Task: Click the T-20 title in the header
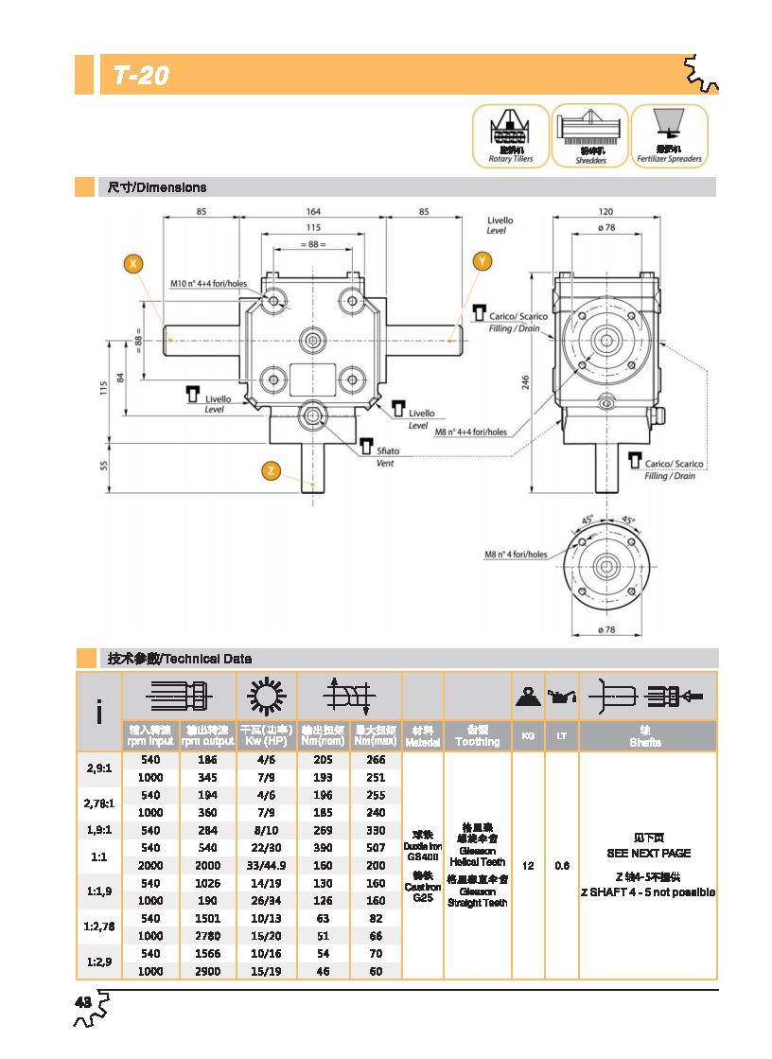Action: point(141,76)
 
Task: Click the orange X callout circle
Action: point(134,263)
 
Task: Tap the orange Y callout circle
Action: point(482,260)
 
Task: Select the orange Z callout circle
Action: point(271,470)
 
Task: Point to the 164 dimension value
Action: point(313,211)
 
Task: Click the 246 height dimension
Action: point(525,380)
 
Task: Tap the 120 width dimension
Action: point(605,211)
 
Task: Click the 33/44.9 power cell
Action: point(266,866)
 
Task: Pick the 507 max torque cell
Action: point(376,848)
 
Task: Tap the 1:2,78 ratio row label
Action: point(98,927)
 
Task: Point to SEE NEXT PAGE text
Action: point(648,853)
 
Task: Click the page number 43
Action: point(83,1002)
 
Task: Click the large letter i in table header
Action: point(99,712)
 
